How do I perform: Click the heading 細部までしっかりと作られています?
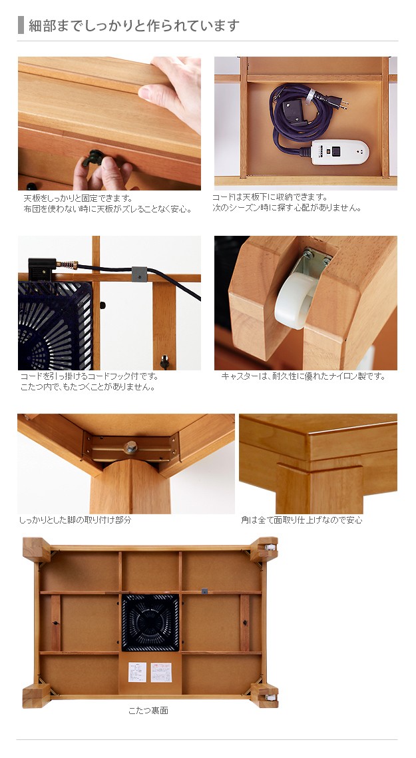[x=134, y=25]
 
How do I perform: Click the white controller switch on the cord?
[x=340, y=153]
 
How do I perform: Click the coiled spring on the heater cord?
[x=67, y=265]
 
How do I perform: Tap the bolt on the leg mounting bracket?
[x=130, y=448]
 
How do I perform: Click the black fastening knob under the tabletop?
[x=94, y=158]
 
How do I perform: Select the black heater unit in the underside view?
[x=150, y=622]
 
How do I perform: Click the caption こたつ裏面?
[x=148, y=710]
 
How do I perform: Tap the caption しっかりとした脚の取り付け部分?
[x=75, y=520]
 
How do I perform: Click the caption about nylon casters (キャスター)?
[x=303, y=376]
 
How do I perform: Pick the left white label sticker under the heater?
[x=137, y=673]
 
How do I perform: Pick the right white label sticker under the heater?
[x=161, y=673]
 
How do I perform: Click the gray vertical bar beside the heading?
[x=21, y=25]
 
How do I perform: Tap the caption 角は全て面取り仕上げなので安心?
[x=302, y=520]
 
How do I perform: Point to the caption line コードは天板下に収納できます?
[x=270, y=197]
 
